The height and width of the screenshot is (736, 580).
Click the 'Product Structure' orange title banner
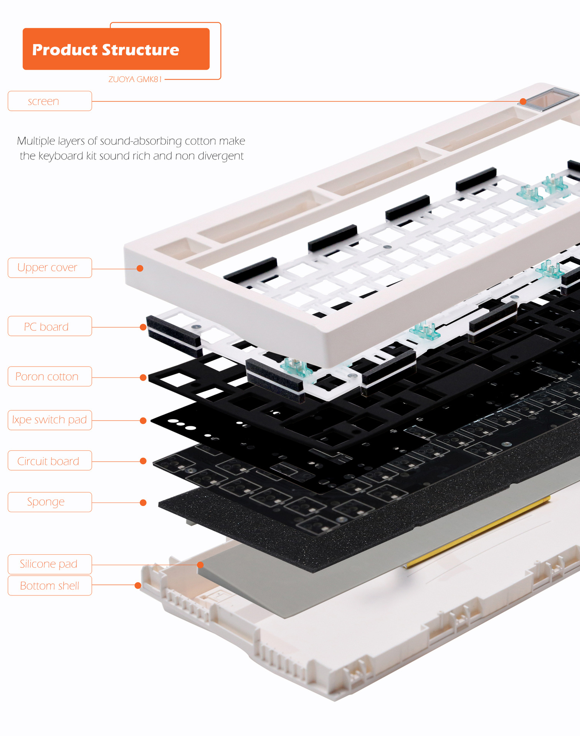(x=116, y=49)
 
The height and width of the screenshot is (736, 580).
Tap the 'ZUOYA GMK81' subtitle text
(x=135, y=79)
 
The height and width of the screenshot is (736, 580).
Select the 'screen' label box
(x=50, y=101)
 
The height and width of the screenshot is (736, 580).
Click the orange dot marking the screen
(x=523, y=102)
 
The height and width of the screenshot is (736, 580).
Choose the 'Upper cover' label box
(x=50, y=268)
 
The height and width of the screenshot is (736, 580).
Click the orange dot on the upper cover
(x=140, y=268)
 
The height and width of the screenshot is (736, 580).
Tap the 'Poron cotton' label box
(x=50, y=376)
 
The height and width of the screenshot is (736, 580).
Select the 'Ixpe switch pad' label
(x=50, y=420)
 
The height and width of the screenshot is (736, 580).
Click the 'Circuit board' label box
(x=50, y=461)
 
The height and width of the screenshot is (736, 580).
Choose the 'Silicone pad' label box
(x=50, y=564)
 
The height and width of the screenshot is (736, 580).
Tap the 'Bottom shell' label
(x=50, y=586)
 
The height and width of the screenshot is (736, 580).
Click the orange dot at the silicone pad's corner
(x=200, y=565)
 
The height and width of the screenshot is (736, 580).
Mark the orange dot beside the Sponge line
(x=143, y=503)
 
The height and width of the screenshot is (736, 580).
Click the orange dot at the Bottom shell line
(x=138, y=585)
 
